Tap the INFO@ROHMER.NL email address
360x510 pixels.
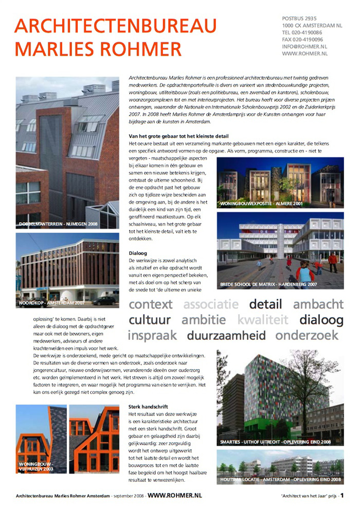pos(305,46)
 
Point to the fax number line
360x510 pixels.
pos(302,39)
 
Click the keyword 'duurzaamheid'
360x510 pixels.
pos(226,336)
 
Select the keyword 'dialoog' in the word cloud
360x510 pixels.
pos(321,320)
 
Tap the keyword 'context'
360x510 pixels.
pos(151,304)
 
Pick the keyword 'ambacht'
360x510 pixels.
pos(318,304)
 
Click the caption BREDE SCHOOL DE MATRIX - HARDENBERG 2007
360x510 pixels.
pos(269,284)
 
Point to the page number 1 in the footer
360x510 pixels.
pos(341,495)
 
